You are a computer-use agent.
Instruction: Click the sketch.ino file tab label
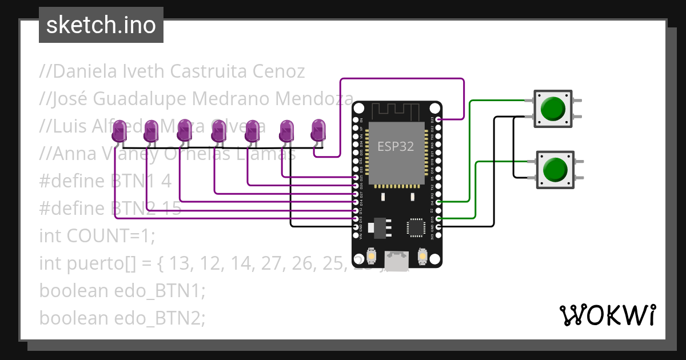(101, 25)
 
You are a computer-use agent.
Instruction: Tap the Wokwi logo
(607, 315)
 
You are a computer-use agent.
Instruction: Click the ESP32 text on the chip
(395, 146)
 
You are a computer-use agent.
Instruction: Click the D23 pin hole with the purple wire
(438, 119)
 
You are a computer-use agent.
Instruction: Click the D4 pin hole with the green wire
(438, 202)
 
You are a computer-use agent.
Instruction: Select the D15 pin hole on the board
(438, 218)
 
